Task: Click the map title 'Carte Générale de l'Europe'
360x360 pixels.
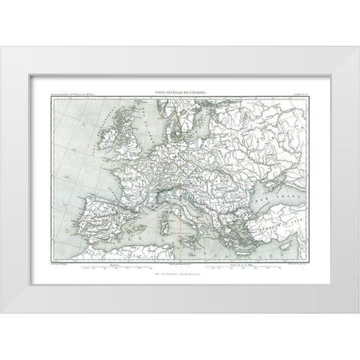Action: (180, 91)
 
